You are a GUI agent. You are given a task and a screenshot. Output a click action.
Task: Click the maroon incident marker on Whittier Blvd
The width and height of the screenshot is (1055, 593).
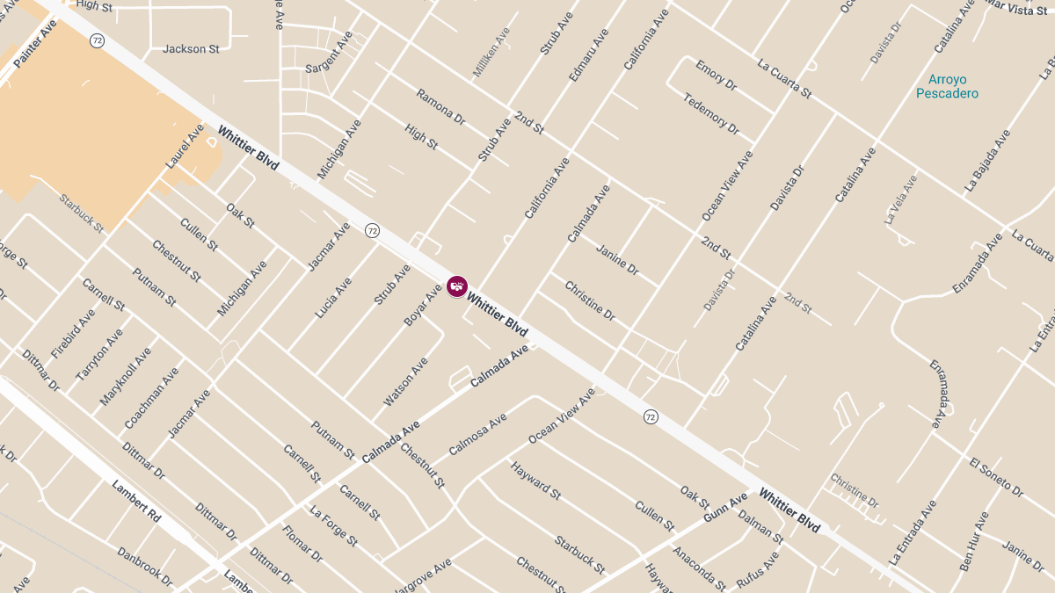coord(457,286)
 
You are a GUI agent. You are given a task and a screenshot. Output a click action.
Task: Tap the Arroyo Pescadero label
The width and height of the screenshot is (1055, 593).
coord(947,86)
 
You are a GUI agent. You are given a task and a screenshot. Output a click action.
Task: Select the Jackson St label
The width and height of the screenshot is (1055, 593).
coord(191,49)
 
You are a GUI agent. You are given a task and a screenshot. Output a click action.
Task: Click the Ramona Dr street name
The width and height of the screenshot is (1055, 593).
coord(440,107)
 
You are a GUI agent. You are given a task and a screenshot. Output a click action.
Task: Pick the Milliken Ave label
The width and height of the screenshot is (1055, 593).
coord(491,51)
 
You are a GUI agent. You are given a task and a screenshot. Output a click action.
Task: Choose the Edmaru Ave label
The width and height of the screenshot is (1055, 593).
coord(589,55)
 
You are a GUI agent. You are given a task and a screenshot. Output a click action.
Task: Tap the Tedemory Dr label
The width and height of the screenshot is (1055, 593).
coord(711,113)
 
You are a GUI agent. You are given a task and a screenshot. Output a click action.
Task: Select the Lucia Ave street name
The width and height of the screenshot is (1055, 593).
coord(333,298)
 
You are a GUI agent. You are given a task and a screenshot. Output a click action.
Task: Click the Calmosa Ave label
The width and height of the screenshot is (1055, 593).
coord(478,435)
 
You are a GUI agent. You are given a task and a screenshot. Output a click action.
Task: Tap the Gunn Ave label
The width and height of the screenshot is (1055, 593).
coord(726,506)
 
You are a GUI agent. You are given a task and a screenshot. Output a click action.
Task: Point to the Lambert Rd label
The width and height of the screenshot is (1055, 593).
coord(137,502)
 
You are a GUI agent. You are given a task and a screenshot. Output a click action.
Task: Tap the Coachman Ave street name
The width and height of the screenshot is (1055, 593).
coord(151,398)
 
